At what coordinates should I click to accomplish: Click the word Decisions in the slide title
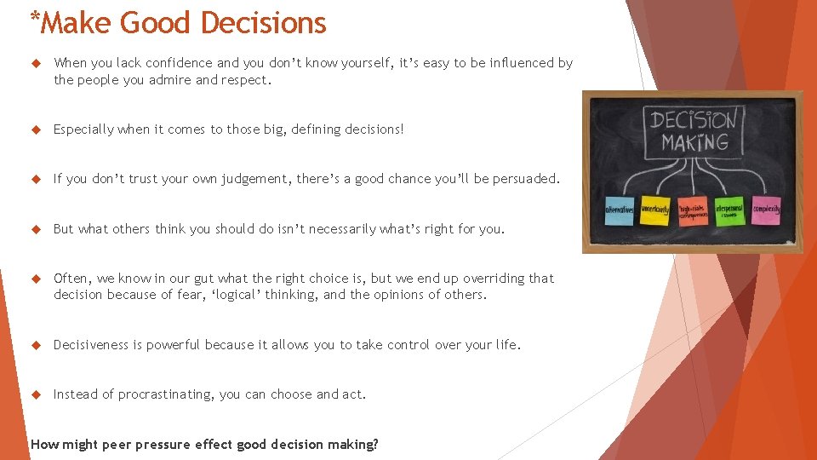pyautogui.click(x=264, y=23)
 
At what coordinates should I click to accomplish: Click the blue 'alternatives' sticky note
pyautogui.click(x=619, y=209)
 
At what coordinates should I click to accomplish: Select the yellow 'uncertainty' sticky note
pyautogui.click(x=654, y=209)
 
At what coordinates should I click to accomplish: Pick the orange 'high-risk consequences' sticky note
pyautogui.click(x=691, y=210)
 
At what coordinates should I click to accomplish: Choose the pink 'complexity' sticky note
pyautogui.click(x=766, y=209)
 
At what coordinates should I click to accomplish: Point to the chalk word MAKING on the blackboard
pyautogui.click(x=694, y=142)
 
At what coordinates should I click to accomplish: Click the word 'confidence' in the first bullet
pyautogui.click(x=179, y=63)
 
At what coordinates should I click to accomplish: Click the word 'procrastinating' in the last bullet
pyautogui.click(x=166, y=394)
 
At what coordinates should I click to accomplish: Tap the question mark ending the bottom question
pyautogui.click(x=375, y=444)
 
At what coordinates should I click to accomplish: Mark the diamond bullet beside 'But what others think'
pyautogui.click(x=36, y=228)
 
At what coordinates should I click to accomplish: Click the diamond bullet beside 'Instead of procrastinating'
pyautogui.click(x=36, y=394)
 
